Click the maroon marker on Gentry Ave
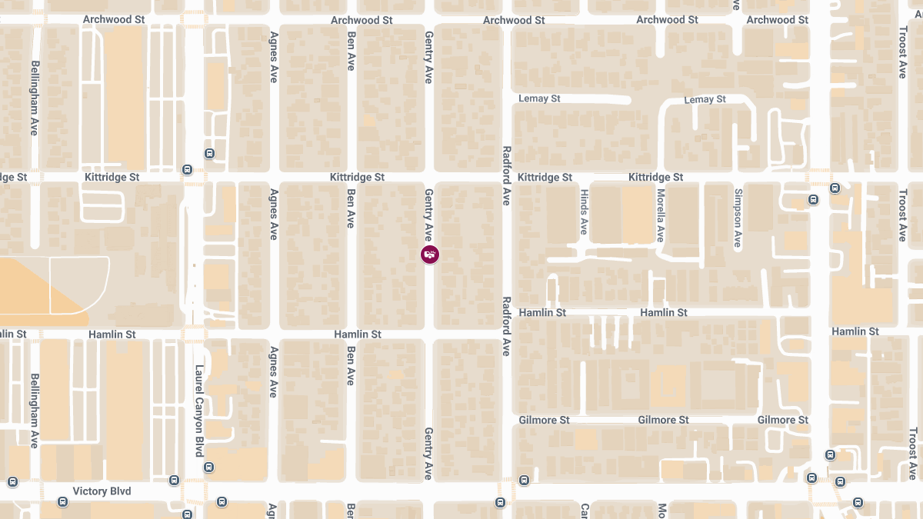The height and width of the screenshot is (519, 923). (430, 255)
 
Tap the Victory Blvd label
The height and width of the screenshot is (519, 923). (102, 491)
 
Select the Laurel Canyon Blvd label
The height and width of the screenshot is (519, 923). (198, 410)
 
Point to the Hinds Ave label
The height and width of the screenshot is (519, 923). (584, 212)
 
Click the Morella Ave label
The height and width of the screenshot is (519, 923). (660, 216)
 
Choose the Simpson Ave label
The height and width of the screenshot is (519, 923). (738, 218)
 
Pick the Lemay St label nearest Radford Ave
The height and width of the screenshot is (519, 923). (539, 99)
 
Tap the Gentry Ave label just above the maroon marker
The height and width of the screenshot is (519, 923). (429, 215)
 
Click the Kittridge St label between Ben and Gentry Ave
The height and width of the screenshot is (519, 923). (357, 178)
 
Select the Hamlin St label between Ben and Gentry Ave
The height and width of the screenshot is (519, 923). (358, 334)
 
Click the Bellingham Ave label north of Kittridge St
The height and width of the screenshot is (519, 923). (34, 98)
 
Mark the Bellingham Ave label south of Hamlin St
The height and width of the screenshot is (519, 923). (34, 411)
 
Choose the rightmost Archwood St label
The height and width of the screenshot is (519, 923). (777, 20)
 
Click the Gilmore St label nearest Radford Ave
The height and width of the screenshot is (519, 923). (544, 420)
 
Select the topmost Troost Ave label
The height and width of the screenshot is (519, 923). (903, 52)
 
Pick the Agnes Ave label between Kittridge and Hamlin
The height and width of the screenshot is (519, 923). (273, 215)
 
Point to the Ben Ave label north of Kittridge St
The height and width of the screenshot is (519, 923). (351, 52)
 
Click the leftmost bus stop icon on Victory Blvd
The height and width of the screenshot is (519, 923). (12, 482)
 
